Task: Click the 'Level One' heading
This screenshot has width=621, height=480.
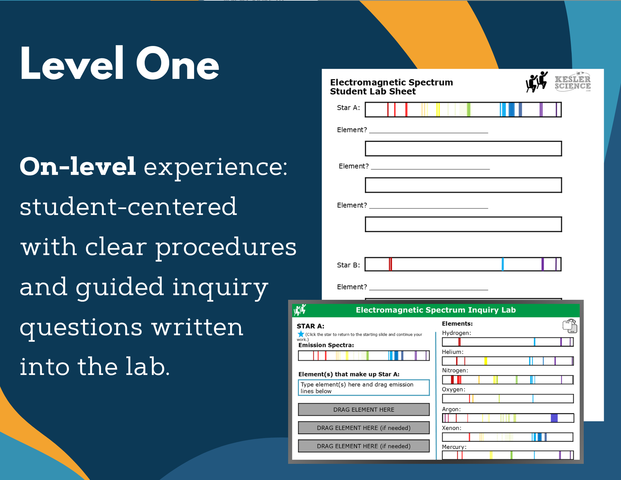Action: tap(120, 63)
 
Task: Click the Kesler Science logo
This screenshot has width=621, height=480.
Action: tap(572, 82)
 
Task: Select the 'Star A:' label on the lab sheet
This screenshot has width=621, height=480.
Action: tap(348, 108)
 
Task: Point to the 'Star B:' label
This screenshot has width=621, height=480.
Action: tap(348, 265)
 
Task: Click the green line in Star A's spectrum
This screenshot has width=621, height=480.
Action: tap(468, 110)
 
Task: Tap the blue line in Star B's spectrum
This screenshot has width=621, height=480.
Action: tap(503, 264)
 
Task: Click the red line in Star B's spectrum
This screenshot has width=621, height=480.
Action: tap(390, 264)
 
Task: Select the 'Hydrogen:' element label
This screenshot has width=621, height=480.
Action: tap(456, 333)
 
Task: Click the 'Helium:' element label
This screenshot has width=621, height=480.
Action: tap(453, 352)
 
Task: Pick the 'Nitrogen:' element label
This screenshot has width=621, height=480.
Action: tap(455, 370)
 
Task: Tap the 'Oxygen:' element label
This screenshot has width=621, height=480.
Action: tap(453, 390)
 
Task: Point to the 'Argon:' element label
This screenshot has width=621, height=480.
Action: tap(451, 409)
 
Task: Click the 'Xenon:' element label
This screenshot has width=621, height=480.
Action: tap(452, 428)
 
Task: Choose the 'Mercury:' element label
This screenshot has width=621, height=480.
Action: tap(454, 447)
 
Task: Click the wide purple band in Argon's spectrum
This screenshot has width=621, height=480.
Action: tap(554, 418)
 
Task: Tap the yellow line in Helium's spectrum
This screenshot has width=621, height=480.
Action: tap(486, 361)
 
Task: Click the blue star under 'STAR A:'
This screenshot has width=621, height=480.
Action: tap(301, 334)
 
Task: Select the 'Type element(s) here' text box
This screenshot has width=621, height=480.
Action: tap(364, 388)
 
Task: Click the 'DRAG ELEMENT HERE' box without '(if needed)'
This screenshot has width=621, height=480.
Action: tap(364, 409)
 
